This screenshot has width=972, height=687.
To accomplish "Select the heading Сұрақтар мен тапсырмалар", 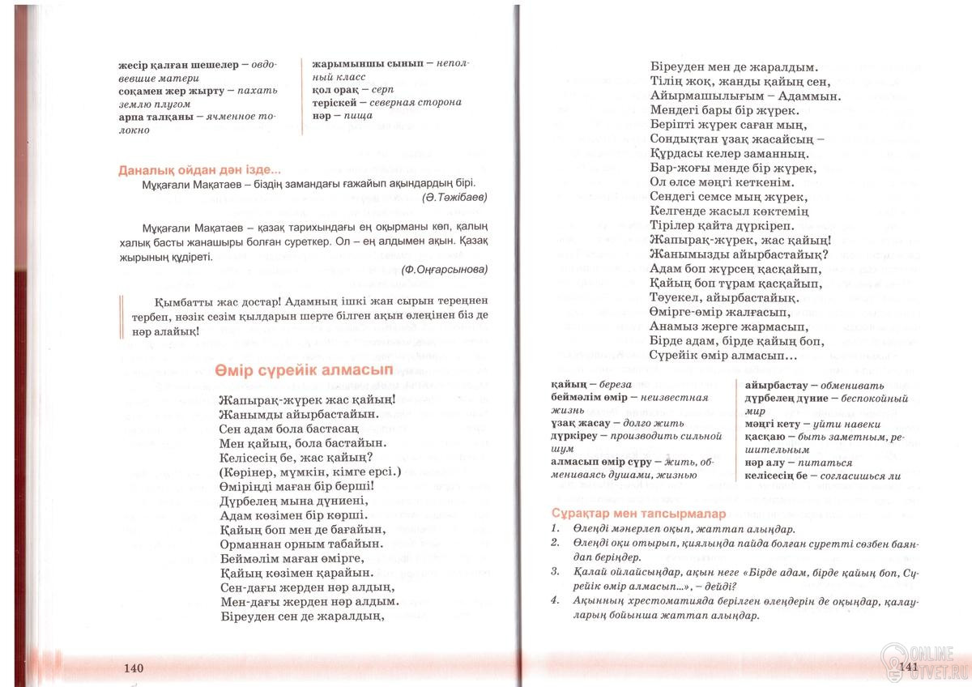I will coord(621,514).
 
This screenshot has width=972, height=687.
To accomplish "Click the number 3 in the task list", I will coord(555,571).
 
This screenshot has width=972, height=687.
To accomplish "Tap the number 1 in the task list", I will coord(555,528).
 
